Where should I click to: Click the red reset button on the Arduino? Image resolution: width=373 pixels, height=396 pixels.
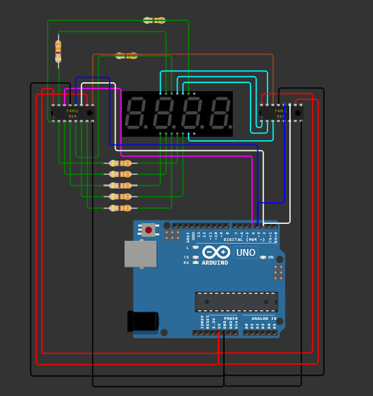click(x=148, y=230)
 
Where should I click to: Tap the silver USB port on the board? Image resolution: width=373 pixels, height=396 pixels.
click(x=140, y=254)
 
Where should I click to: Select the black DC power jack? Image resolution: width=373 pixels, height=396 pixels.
click(x=142, y=321)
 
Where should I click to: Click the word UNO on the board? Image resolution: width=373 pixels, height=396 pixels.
click(x=246, y=252)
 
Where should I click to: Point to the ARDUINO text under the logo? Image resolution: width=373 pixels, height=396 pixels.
click(x=214, y=263)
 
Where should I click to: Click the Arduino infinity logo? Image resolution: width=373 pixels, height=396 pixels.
click(x=216, y=252)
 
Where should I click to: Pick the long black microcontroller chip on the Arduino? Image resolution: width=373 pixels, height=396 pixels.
click(x=236, y=301)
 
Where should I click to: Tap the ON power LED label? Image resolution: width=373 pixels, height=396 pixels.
click(x=270, y=257)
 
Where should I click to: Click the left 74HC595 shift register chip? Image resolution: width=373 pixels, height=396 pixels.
click(x=72, y=113)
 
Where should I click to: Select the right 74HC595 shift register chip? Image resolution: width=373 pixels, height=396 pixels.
click(x=280, y=113)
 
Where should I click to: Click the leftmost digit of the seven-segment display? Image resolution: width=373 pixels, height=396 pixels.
click(x=135, y=113)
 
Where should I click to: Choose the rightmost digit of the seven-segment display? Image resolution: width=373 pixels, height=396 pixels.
click(x=219, y=113)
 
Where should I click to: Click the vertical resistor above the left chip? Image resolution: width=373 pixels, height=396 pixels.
click(x=58, y=51)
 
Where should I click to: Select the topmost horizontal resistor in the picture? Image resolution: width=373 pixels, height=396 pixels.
click(x=155, y=20)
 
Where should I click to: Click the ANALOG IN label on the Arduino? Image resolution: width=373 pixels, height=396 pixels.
click(x=264, y=318)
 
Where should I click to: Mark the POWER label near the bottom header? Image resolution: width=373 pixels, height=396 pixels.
click(x=231, y=318)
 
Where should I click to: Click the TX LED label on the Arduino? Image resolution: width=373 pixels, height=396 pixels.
click(x=186, y=257)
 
